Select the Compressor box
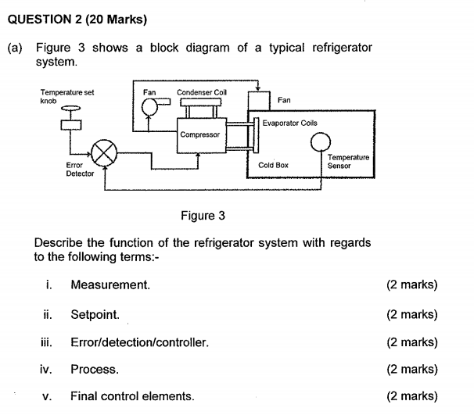tap(199, 134)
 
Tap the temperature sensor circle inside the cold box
tap(319, 141)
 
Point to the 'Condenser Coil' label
tap(202, 92)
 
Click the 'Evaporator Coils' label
tap(289, 123)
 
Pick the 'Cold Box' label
tap(273, 166)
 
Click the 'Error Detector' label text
tap(80, 170)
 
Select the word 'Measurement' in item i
tap(110, 285)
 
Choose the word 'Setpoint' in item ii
tap(95, 314)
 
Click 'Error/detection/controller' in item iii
tap(139, 342)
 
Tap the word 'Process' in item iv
tap(94, 369)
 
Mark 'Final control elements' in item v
tap(132, 396)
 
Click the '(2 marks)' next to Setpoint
tap(411, 314)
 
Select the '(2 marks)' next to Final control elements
tap(411, 396)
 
